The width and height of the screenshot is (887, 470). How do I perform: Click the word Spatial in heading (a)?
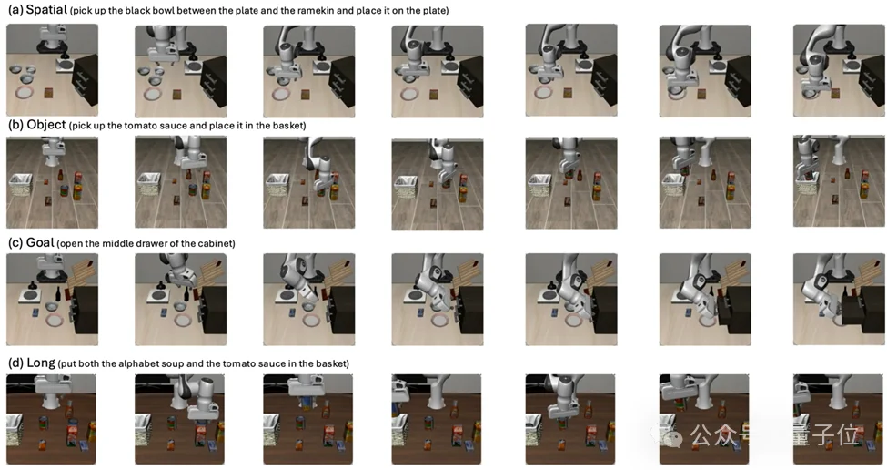click(x=46, y=10)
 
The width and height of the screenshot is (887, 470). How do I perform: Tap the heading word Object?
click(x=46, y=125)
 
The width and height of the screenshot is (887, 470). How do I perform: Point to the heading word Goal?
click(x=40, y=242)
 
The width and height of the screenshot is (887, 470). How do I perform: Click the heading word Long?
click(x=41, y=363)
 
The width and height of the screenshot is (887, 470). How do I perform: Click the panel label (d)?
click(x=15, y=363)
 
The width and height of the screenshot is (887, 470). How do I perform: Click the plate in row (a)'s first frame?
click(x=26, y=93)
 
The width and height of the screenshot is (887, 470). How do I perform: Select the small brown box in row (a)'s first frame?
click(x=49, y=92)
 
